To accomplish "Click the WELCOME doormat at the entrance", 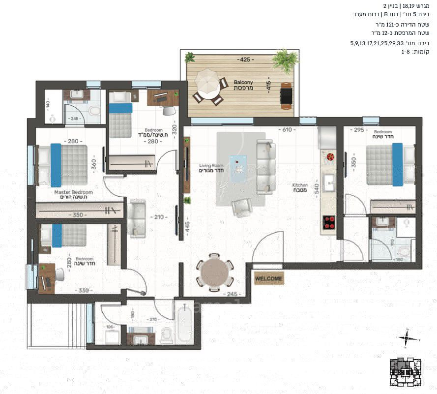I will (x=269, y=278).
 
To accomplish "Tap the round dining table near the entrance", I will (x=215, y=270).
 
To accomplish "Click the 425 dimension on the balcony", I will (x=244, y=60).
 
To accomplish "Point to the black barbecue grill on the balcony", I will (x=286, y=95).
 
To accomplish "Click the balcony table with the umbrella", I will (x=207, y=86).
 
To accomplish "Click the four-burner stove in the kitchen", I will (x=328, y=223).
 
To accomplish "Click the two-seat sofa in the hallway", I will (x=136, y=218).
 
